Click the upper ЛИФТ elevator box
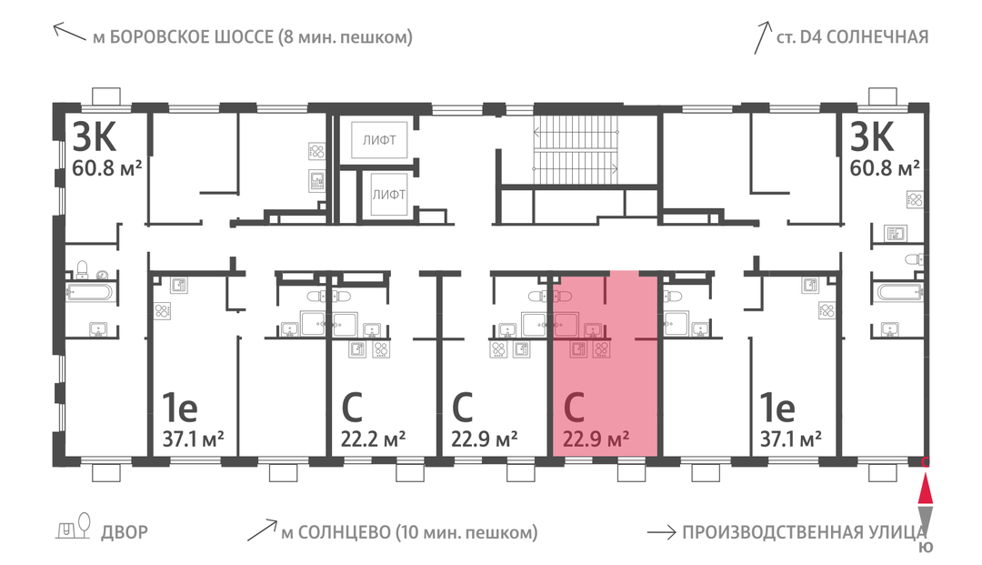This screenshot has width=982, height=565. point(379,140)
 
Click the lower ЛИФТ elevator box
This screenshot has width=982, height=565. point(388,194)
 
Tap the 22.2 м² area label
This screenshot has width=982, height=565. point(373,439)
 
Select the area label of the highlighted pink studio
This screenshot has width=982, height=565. point(596,439)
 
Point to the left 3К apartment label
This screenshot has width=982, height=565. point(95,136)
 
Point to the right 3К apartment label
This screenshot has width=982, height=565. point(872,136)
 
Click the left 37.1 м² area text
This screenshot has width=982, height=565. point(193,439)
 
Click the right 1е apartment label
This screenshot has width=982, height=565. point(777,408)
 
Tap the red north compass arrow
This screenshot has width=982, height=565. point(925,489)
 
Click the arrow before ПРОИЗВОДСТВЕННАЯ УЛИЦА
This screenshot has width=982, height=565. point(661,532)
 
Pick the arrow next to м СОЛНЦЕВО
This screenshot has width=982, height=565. point(262,530)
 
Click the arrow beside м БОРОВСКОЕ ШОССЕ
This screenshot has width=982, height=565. point(69,31)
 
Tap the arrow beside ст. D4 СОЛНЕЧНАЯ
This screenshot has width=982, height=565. point(762,37)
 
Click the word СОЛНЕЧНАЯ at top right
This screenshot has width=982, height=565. point(877,37)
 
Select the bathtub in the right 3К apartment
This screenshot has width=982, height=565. point(900,293)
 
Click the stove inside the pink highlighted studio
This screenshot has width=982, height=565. point(602,349)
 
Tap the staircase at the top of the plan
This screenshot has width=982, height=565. point(576,150)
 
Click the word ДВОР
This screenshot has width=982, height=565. point(125,532)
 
